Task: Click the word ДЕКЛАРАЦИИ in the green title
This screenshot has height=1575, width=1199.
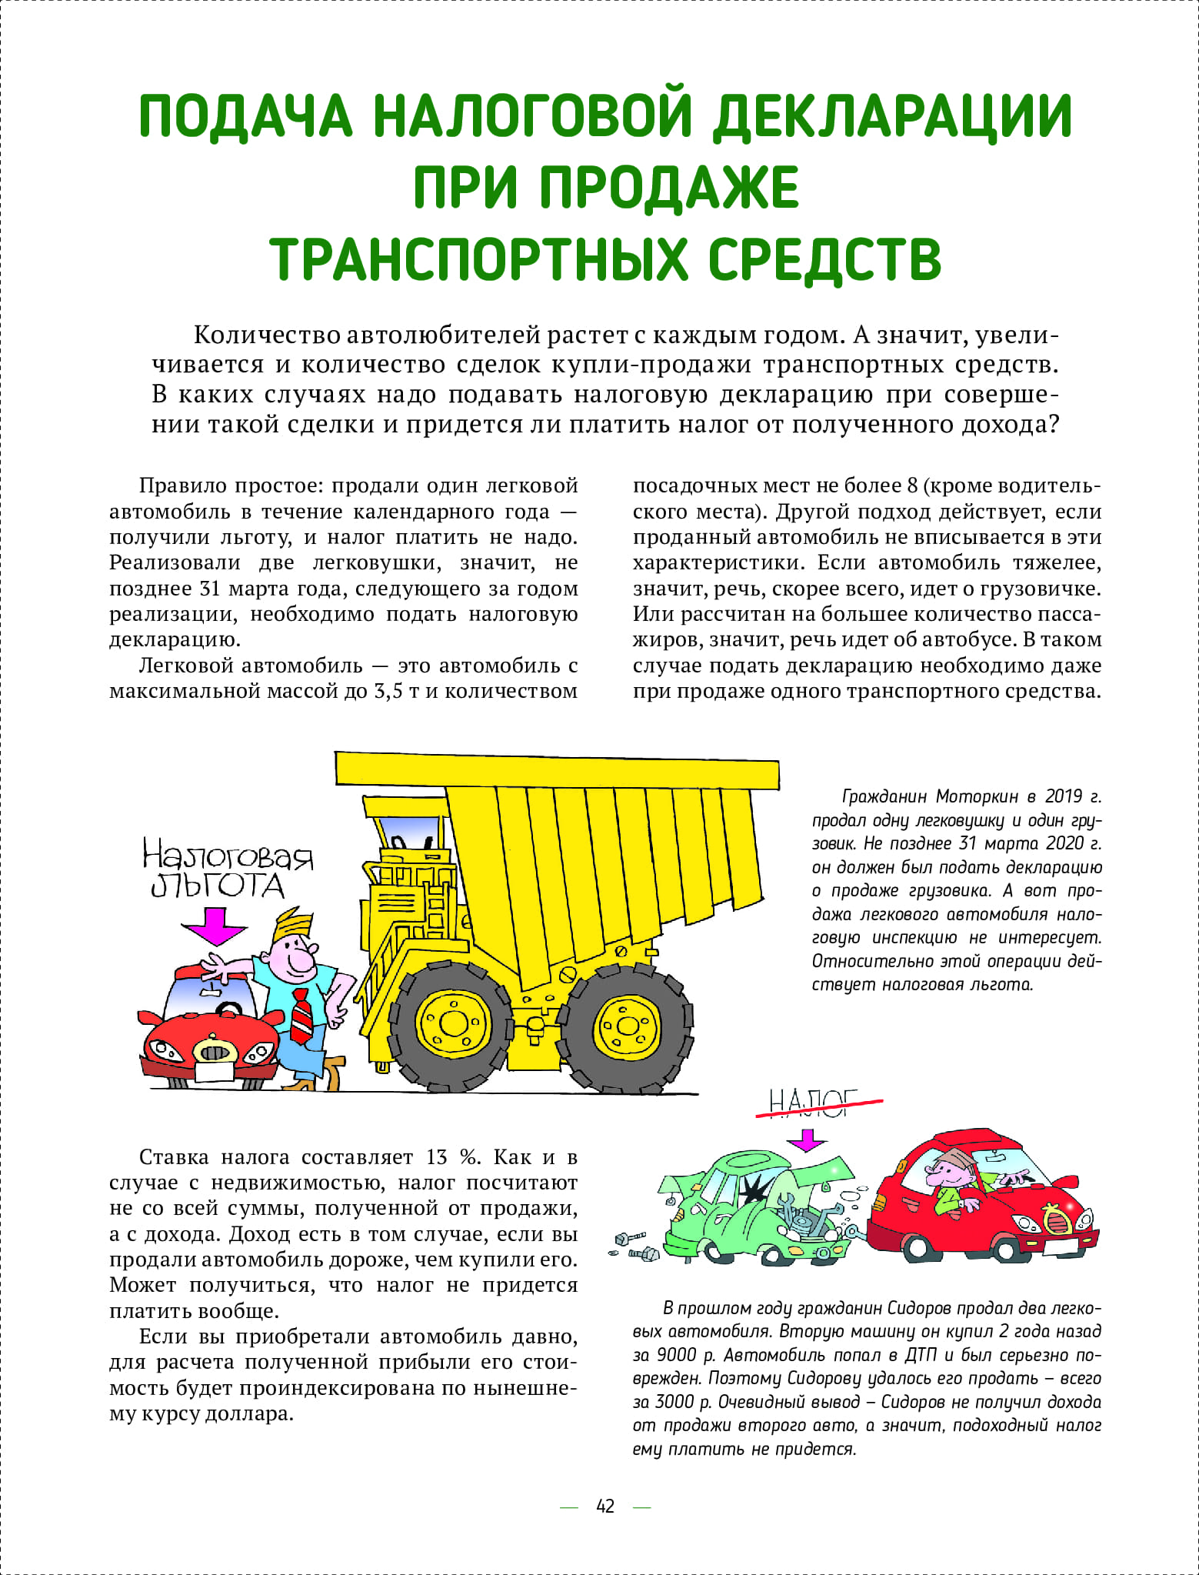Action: [x=892, y=117]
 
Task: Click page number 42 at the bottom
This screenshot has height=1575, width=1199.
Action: [x=605, y=1506]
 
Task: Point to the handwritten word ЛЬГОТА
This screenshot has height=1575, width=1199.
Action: [x=218, y=886]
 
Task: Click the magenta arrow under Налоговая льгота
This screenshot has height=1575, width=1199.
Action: [x=215, y=925]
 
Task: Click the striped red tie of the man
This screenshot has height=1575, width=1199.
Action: [x=301, y=1017]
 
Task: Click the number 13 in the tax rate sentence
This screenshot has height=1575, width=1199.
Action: [x=436, y=1157]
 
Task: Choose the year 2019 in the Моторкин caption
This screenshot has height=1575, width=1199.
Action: [x=1064, y=796]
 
